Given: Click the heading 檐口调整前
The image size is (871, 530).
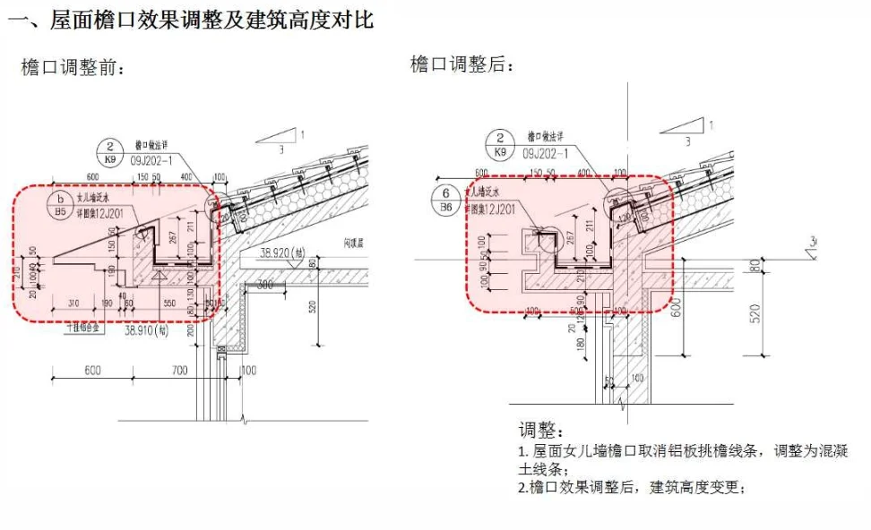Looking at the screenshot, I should [x=72, y=67].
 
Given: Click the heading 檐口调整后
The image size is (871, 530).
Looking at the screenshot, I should [x=461, y=64].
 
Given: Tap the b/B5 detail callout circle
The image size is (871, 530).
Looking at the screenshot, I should [x=61, y=205].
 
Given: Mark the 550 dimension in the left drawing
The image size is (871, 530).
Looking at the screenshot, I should [x=168, y=303].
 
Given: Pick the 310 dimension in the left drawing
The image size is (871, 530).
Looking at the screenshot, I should [x=73, y=303].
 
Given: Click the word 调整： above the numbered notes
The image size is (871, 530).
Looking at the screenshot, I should [x=542, y=431].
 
